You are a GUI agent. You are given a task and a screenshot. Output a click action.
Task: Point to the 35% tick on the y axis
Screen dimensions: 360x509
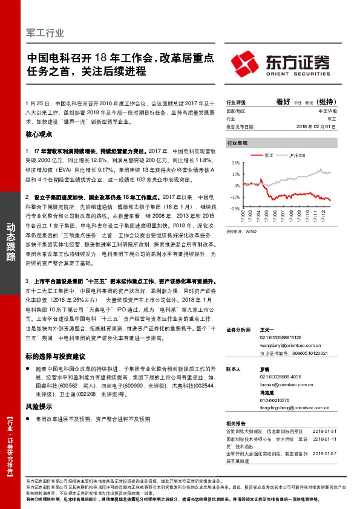click(x=235, y=163)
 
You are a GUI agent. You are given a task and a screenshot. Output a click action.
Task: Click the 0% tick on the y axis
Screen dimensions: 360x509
click(x=237, y=186)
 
